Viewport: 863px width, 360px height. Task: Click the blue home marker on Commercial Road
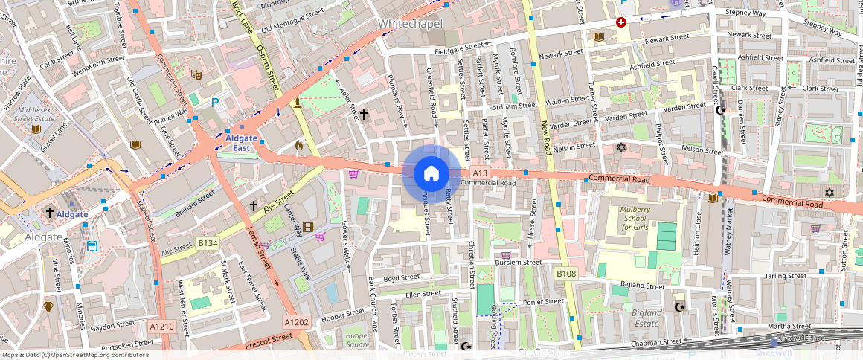(x=431, y=174)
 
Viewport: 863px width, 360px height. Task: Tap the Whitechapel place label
(x=410, y=24)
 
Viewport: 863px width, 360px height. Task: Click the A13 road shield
(x=480, y=173)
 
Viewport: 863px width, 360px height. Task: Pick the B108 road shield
(x=566, y=274)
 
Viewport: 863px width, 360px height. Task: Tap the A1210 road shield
(x=161, y=326)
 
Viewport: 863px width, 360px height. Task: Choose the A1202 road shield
(x=296, y=321)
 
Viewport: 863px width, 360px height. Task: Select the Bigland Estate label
(x=646, y=318)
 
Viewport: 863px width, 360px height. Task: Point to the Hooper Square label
(x=357, y=340)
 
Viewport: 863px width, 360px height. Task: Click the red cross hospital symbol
(x=620, y=22)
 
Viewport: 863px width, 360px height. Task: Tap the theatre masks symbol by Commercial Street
(x=196, y=74)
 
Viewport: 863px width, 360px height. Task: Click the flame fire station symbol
(x=299, y=146)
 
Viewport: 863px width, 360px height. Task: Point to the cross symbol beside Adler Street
(x=363, y=115)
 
